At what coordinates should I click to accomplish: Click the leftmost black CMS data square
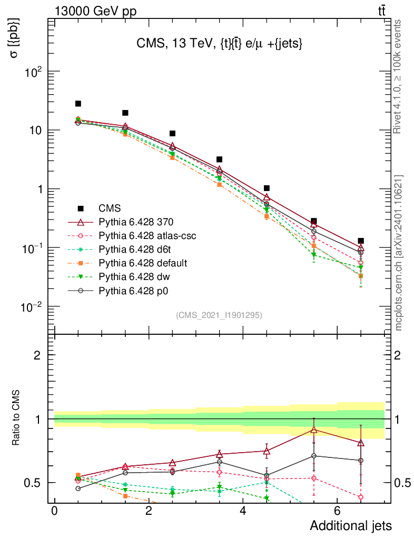click(x=78, y=104)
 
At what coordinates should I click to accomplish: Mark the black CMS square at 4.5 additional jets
click(x=267, y=188)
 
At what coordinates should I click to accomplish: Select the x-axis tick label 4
click(x=243, y=511)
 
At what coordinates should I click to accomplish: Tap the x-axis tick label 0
click(x=54, y=511)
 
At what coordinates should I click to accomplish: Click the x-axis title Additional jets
click(x=350, y=525)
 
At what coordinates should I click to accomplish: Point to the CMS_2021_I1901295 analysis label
click(x=219, y=315)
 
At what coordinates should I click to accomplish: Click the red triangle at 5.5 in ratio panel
click(x=314, y=430)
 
